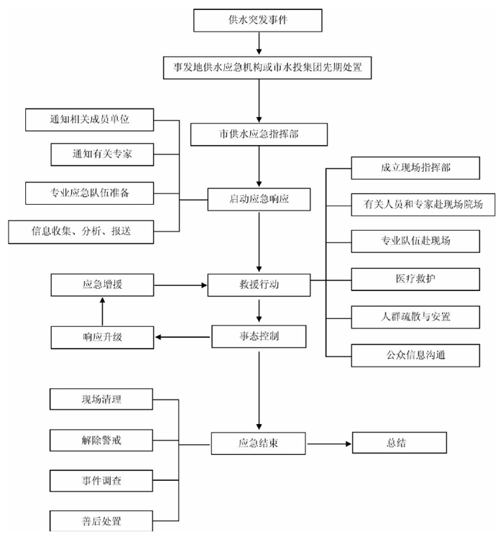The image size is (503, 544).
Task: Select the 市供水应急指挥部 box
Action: (259, 134)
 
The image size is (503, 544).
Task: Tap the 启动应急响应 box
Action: (259, 198)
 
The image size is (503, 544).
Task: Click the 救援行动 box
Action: (259, 285)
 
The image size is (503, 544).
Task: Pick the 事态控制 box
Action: (259, 336)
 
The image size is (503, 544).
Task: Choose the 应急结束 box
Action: (259, 443)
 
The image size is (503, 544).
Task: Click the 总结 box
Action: (399, 443)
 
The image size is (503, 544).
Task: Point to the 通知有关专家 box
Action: (101, 154)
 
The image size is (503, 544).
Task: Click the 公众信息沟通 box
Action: (415, 355)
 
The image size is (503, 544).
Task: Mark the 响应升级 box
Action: (102, 337)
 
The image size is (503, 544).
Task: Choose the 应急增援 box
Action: (102, 285)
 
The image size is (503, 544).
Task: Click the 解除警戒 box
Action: (101, 439)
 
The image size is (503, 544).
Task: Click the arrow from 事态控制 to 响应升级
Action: (183, 336)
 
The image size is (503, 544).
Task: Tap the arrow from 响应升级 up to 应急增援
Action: (102, 310)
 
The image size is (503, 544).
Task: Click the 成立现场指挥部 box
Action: (415, 167)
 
